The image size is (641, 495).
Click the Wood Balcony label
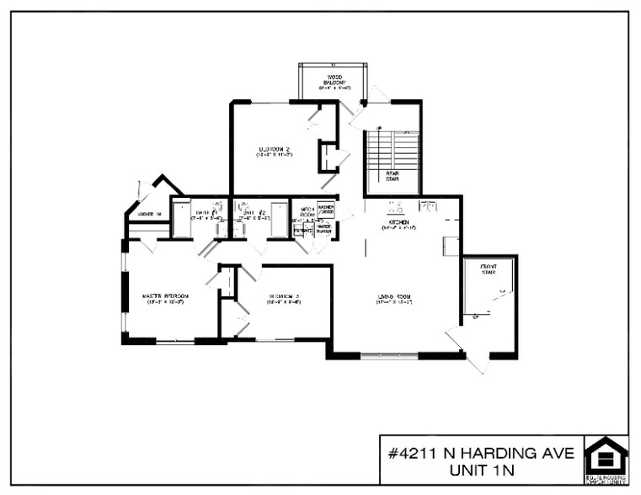point(334,81)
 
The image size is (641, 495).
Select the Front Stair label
point(489,269)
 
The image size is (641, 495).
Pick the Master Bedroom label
point(165,298)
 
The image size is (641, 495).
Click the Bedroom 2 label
point(275,152)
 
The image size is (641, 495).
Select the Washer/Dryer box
point(326,210)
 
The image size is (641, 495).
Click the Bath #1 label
point(206,215)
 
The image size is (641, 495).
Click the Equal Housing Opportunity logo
point(606,460)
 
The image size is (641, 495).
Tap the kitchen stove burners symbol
point(394,205)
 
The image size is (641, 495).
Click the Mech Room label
point(303,212)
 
